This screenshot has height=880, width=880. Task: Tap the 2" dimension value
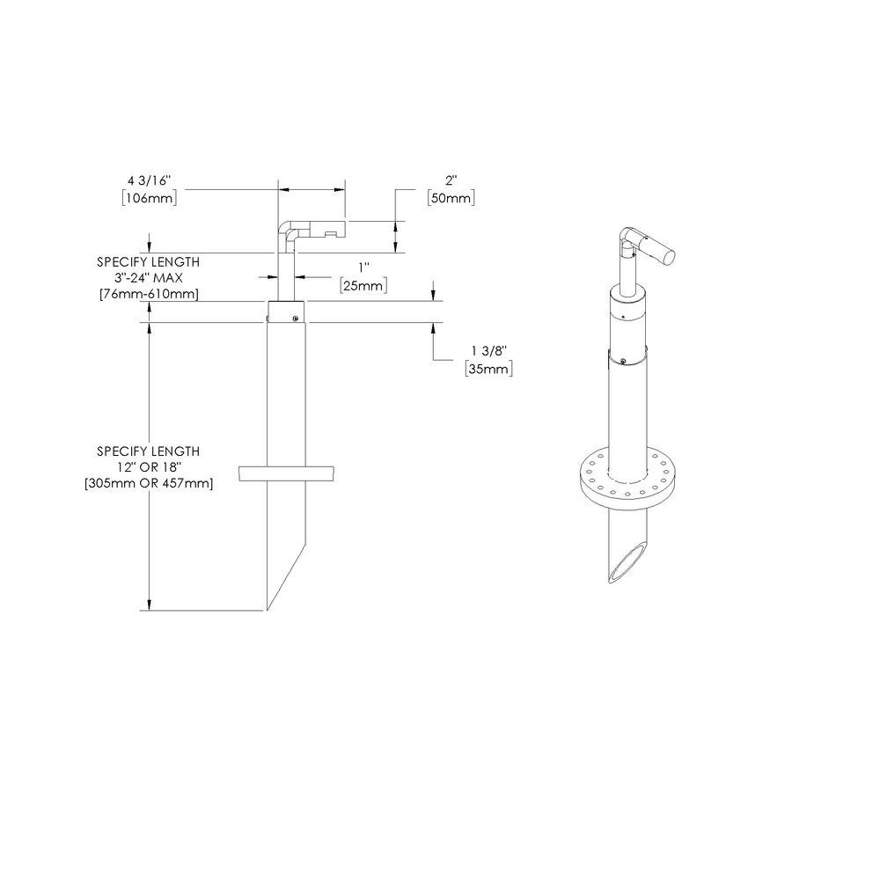(x=451, y=181)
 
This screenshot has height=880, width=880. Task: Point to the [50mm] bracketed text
(x=451, y=198)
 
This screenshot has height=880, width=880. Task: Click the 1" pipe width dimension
(x=363, y=268)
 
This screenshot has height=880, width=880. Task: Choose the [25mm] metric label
(x=363, y=285)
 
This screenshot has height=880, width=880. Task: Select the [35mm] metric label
(x=488, y=369)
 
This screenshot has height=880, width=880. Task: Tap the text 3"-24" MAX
(x=148, y=278)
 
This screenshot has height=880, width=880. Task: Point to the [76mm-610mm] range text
(x=148, y=294)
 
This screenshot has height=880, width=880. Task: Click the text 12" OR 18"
(x=148, y=467)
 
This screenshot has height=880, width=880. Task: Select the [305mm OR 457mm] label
(x=148, y=483)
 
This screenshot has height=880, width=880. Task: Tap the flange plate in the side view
(x=287, y=473)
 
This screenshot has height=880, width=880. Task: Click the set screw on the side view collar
(x=297, y=319)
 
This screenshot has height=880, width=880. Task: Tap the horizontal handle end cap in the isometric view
(x=669, y=256)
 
